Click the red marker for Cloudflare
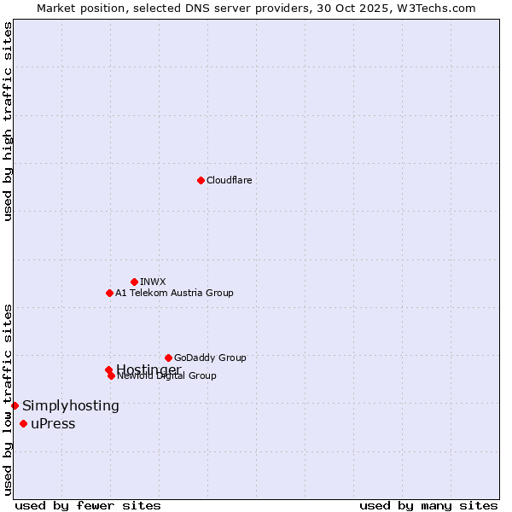[x=201, y=180]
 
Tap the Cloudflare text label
[x=230, y=180]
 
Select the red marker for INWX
[x=134, y=282]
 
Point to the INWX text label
[x=153, y=282]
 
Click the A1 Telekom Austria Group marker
[x=109, y=293]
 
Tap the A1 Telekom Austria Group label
[x=174, y=293]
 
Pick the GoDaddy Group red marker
[x=168, y=358]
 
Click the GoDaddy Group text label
[x=210, y=358]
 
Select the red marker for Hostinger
[x=108, y=369]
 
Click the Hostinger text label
[x=148, y=369]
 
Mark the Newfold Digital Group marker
[x=111, y=375]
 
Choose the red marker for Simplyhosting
[x=15, y=405]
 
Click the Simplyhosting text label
[x=71, y=406]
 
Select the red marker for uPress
[x=23, y=424]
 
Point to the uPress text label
[x=53, y=424]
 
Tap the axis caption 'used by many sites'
[x=428, y=506]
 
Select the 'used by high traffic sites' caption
[x=8, y=121]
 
